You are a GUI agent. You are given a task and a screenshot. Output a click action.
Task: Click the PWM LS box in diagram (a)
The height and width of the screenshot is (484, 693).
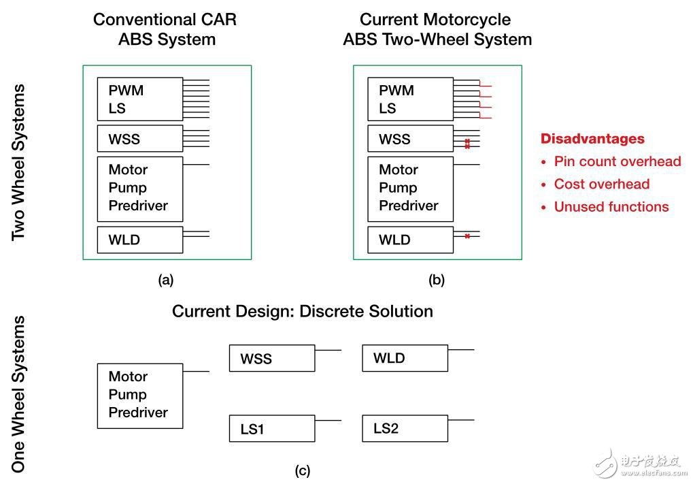pos(140,99)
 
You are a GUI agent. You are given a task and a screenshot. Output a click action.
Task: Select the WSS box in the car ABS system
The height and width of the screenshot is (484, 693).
pos(140,139)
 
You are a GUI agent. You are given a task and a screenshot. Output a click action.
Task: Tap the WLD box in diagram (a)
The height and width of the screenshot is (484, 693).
pos(140,240)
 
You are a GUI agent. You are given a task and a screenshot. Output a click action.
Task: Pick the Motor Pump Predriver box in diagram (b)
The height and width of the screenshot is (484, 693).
pos(410,189)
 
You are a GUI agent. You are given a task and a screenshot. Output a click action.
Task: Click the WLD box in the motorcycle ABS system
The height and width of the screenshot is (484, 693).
pos(410,240)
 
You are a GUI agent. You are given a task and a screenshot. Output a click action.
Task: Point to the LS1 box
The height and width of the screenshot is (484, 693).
pos(272,429)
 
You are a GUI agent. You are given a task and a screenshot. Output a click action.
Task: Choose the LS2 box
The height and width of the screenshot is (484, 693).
pos(405,428)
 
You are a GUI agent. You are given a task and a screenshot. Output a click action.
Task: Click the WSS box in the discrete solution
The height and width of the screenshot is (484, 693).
pos(272,358)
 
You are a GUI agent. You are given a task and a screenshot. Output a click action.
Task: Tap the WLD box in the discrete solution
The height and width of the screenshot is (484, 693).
pos(405,358)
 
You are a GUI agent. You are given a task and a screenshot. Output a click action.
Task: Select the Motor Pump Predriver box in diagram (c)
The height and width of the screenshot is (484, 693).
pos(140,396)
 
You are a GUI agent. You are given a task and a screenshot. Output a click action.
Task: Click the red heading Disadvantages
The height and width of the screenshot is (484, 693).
pos(592,139)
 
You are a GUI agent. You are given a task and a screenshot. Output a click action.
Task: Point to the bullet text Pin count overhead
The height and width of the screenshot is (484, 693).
pos(617,161)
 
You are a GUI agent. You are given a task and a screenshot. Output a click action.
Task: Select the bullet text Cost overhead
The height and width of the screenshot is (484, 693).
pos(601,184)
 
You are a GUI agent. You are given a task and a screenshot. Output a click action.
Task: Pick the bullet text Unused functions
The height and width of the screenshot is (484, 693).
pos(611,207)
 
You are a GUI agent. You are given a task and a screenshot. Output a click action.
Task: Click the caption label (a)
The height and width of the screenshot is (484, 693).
pos(165,279)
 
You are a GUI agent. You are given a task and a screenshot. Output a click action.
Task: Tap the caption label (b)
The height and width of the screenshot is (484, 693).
pos(436,279)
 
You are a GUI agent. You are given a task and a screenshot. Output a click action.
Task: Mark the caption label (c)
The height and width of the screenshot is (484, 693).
pos(303,470)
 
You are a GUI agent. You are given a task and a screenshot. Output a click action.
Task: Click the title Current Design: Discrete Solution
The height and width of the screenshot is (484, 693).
pos(303,311)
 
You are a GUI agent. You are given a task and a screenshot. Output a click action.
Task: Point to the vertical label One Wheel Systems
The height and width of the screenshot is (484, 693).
pos(19,393)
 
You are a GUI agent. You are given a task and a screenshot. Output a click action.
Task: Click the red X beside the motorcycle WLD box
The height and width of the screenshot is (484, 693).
pos(467,236)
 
